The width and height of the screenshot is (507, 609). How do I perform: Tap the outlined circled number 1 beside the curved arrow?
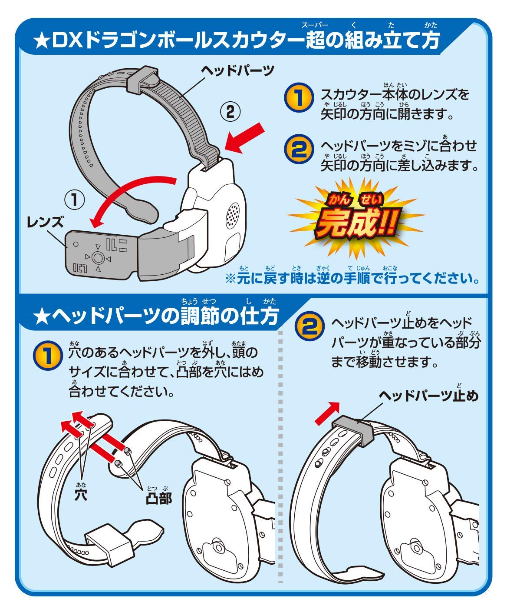point(74,200)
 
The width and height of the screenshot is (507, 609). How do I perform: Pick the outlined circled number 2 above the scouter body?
point(231,113)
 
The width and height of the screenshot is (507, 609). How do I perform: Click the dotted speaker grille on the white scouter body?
point(234,215)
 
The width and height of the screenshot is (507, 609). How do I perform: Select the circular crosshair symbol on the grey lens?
point(98,258)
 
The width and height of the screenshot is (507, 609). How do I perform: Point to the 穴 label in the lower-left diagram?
point(81,494)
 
